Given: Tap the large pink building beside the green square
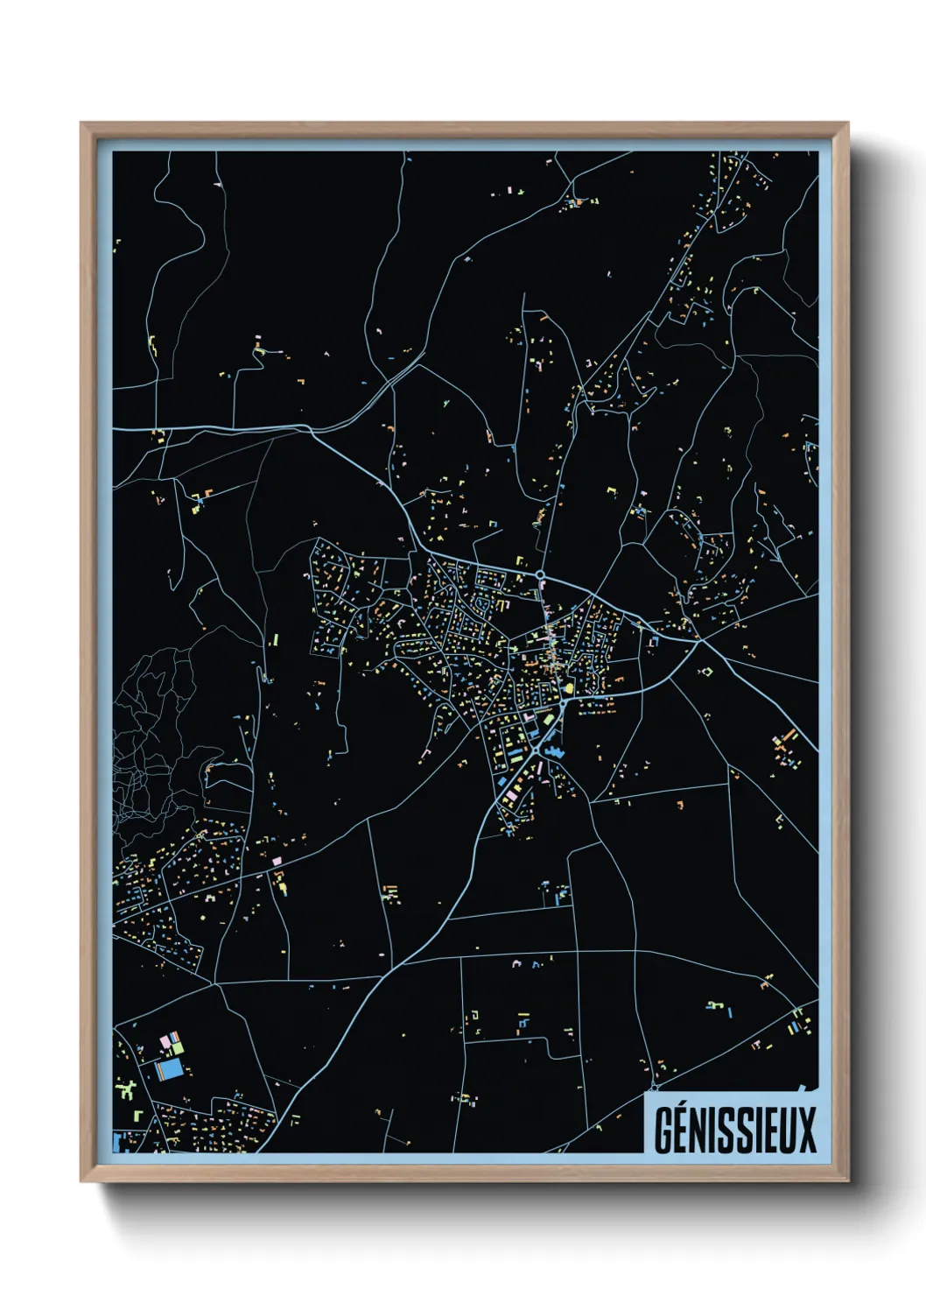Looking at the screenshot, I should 164,1042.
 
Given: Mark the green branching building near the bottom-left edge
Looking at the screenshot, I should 128,1090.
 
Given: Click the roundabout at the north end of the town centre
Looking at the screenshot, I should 541,575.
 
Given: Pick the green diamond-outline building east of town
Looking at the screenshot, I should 706,672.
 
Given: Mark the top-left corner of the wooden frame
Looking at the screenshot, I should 81,123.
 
